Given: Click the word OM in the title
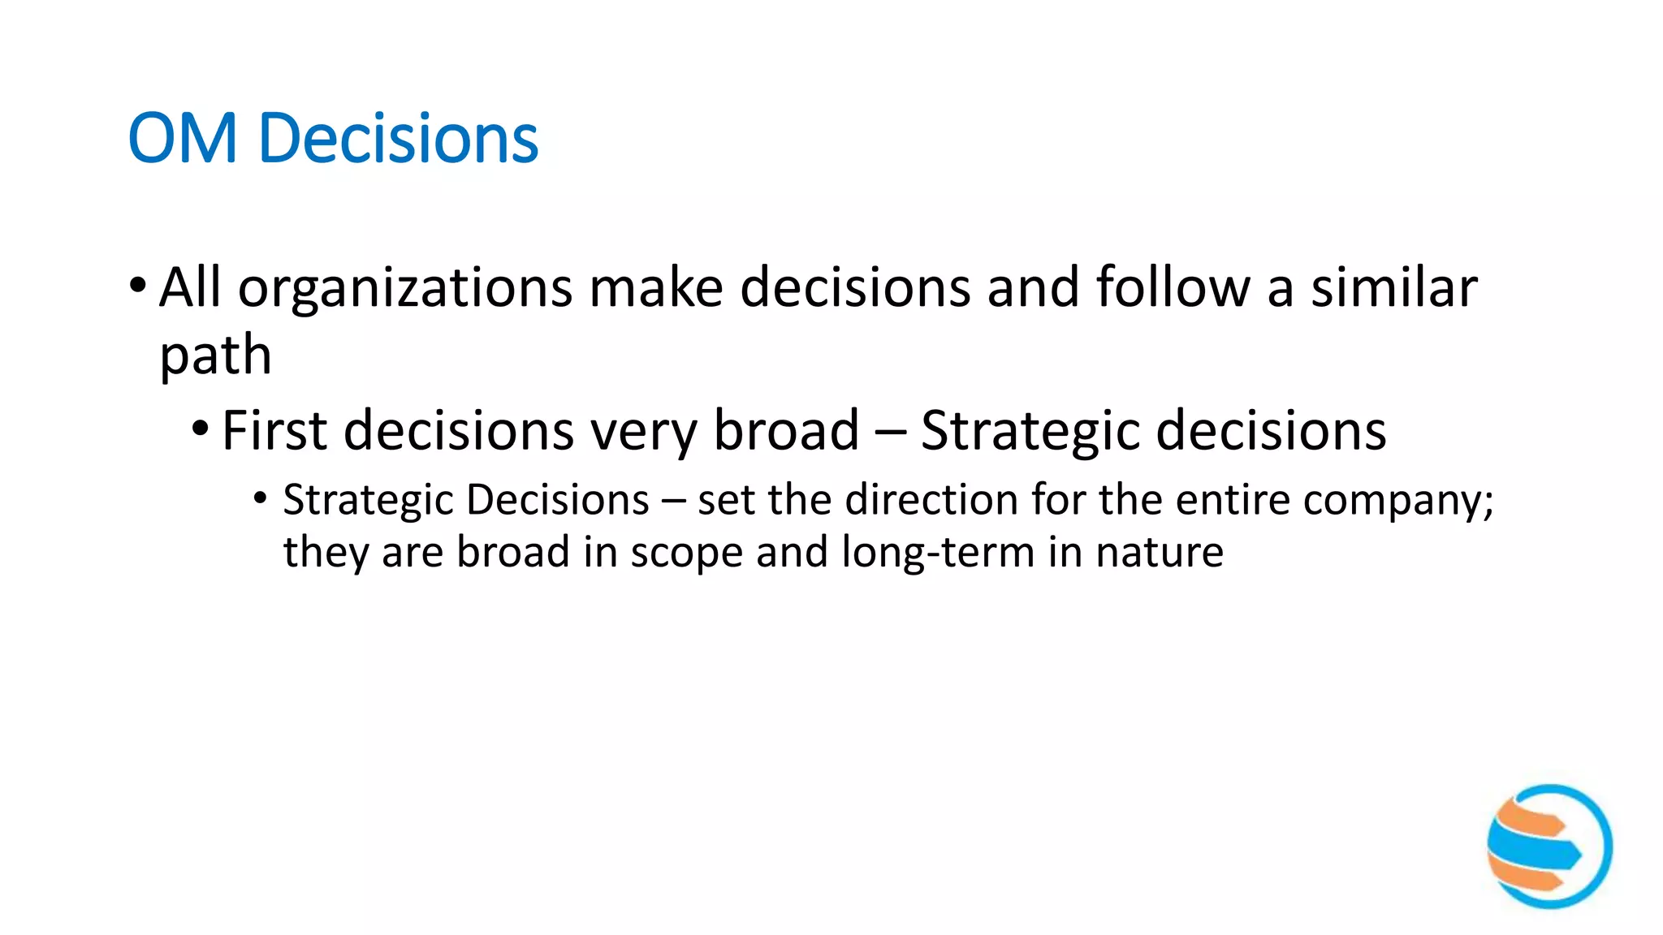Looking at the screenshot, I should pyautogui.click(x=182, y=139).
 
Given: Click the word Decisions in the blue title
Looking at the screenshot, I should pyautogui.click(x=398, y=139).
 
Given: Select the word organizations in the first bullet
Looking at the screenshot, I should pyautogui.click(x=405, y=289).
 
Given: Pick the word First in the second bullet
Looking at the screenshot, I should pyautogui.click(x=274, y=430).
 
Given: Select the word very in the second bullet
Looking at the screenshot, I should pyautogui.click(x=642, y=432).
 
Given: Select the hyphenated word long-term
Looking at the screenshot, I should pyautogui.click(x=938, y=554).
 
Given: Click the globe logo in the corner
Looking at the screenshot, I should pyautogui.click(x=1549, y=847).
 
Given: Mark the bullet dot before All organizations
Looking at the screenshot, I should pyautogui.click(x=137, y=286).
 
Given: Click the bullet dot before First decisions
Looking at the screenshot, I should pyautogui.click(x=201, y=428).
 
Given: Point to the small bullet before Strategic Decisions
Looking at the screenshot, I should pyautogui.click(x=260, y=498).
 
